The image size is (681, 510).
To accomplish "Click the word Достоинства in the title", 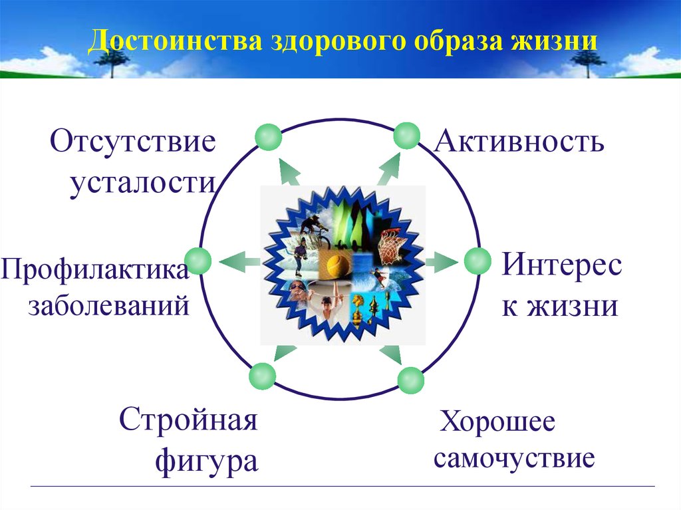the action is [175, 41].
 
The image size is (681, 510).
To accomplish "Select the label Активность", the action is [519, 141].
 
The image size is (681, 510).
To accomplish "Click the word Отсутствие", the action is [133, 141].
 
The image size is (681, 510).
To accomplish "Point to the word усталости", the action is [143, 184].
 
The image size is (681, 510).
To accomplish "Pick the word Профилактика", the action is [95, 269].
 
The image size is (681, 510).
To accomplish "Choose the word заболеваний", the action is [109, 305].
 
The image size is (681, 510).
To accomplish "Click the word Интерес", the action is [562, 264].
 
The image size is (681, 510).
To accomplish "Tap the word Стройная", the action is [188, 419].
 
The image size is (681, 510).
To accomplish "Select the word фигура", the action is [207, 461].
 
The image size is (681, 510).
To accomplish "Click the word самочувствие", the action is [514, 458].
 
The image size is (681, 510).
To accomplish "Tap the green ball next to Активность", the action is [406, 136].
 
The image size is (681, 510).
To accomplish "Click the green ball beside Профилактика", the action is [198, 261].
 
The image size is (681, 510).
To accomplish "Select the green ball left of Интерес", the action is [477, 261].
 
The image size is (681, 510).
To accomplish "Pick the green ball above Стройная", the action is [262, 376].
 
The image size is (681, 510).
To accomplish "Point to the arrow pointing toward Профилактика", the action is [239, 261].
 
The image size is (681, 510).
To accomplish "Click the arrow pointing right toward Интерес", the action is [442, 261].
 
